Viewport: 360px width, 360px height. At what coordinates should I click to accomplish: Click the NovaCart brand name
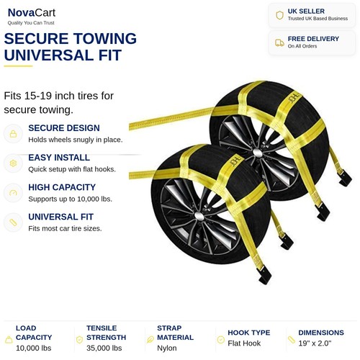pos(32,12)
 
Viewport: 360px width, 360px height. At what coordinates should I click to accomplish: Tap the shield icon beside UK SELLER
pos(279,15)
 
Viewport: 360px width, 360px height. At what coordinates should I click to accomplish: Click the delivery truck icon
pos(279,42)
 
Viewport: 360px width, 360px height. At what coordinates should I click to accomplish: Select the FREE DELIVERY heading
pos(313,39)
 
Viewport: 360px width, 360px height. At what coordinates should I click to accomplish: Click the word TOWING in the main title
pos(105,38)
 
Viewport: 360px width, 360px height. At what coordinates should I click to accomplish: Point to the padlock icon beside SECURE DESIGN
pos(13,134)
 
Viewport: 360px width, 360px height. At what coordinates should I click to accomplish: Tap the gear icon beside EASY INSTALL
pos(13,163)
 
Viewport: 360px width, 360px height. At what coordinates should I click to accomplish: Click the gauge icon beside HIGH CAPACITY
pos(13,193)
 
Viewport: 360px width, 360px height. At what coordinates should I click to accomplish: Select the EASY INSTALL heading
pos(59,158)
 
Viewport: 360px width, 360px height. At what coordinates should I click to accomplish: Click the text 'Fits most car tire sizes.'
pos(65,228)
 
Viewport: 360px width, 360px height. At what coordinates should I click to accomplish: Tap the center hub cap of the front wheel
pos(199,216)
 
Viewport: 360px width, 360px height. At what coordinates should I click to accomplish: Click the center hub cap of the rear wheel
pos(257,153)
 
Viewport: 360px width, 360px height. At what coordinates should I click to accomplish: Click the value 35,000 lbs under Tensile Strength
pos(104,348)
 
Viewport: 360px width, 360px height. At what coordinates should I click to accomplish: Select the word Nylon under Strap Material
pos(167,348)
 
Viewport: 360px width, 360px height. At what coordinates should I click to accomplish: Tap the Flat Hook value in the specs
pos(244,343)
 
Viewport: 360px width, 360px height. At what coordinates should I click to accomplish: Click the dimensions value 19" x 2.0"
pos(315,343)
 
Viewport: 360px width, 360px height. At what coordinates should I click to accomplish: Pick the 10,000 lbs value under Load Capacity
pos(34,348)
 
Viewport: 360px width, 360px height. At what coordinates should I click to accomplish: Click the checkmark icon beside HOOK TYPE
pos(220,340)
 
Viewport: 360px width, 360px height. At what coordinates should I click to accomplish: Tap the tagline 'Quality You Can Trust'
pos(31,23)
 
